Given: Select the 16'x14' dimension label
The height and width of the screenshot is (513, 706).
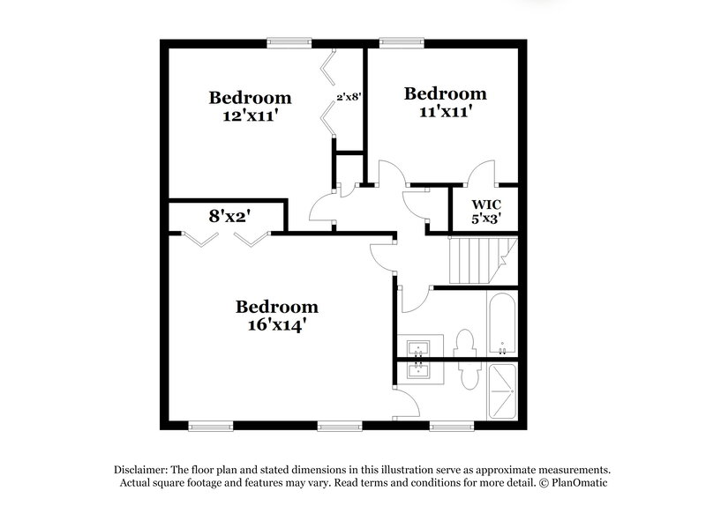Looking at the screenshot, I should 276,324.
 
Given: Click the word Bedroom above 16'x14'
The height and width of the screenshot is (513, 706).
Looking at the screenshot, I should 276,307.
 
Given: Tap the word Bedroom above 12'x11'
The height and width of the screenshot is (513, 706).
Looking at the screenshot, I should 250,97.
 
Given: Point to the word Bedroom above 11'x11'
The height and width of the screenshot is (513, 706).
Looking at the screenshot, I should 445,93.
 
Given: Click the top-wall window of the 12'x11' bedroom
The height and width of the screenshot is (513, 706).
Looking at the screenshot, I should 289,40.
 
